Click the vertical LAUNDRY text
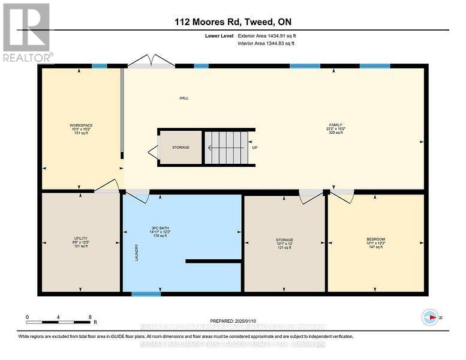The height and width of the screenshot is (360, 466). tap(137, 251)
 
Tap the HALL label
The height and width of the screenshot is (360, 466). tap(184, 98)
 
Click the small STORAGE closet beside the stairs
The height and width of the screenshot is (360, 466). tap(180, 147)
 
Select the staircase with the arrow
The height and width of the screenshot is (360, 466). tap(226, 147)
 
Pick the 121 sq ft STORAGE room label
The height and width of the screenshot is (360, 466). tap(284, 243)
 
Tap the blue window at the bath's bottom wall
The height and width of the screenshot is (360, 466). tap(142, 294)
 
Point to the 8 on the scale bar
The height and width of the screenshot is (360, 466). tap(89, 317)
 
